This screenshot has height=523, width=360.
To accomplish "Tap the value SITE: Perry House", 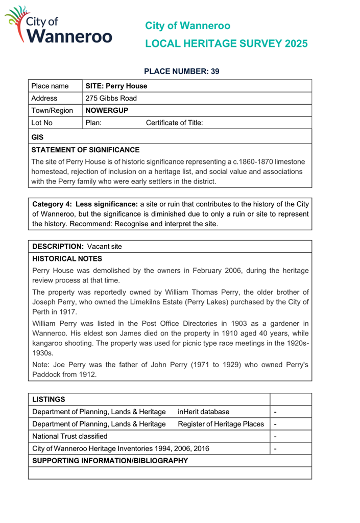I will pyautogui.click(x=116, y=86).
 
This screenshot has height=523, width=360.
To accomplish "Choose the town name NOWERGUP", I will pyautogui.click(x=106, y=110).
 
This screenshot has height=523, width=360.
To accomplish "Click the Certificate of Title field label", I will pyautogui.click(x=175, y=123).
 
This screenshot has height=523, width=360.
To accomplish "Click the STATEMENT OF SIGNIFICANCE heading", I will pyautogui.click(x=85, y=150).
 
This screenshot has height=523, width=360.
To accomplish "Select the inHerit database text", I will pyautogui.click(x=204, y=412).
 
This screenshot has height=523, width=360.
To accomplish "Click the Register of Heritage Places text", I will pyautogui.click(x=221, y=424).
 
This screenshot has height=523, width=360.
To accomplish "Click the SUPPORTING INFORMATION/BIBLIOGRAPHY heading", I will pyautogui.click(x=109, y=461).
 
